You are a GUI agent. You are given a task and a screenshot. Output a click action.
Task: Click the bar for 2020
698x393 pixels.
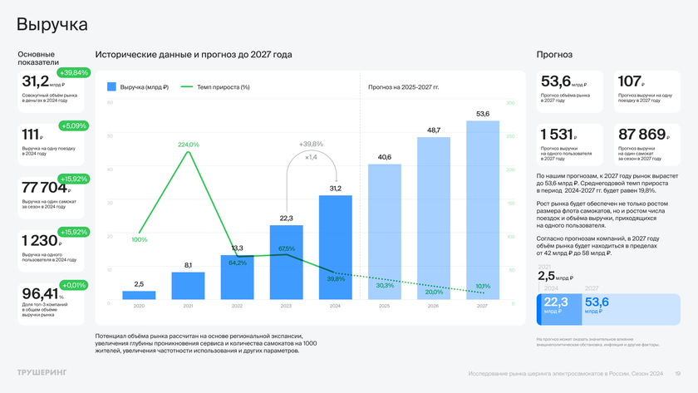pyautogui.click(x=139, y=294)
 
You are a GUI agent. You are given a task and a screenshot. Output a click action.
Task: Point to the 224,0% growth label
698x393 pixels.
pyautogui.click(x=189, y=145)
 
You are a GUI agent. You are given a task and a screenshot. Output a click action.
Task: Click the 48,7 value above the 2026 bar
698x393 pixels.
pyautogui.click(x=433, y=130)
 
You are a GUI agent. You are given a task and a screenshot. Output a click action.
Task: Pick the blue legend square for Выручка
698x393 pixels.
pyautogui.click(x=112, y=86)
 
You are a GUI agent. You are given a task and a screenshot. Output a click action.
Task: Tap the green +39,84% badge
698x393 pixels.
pyautogui.click(x=73, y=72)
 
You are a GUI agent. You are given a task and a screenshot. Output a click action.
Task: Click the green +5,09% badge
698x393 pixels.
pyautogui.click(x=73, y=125)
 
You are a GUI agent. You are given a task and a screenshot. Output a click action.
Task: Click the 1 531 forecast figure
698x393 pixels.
pyautogui.click(x=557, y=134)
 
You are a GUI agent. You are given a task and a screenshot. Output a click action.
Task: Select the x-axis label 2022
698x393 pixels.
pyautogui.click(x=237, y=306)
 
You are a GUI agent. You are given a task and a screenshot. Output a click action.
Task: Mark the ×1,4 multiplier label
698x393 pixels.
pyautogui.click(x=311, y=157)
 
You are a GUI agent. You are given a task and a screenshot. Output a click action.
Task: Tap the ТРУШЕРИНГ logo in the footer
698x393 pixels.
pyautogui.click(x=42, y=372)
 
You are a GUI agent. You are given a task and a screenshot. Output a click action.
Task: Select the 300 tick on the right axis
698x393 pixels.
pyautogui.click(x=511, y=103)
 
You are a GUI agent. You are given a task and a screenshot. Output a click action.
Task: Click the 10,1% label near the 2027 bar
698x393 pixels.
pyautogui.click(x=483, y=286)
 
